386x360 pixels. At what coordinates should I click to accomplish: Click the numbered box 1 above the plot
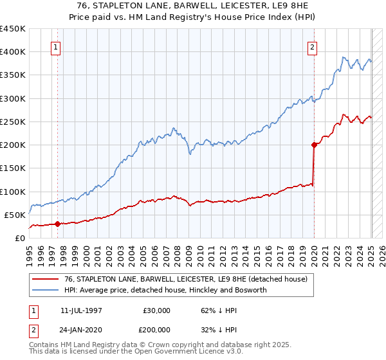tap(55, 47)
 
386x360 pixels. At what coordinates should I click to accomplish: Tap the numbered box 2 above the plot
tap(312, 47)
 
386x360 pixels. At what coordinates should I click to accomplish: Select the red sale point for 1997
tap(57, 224)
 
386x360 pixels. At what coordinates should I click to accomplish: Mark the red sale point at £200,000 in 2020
tap(315, 145)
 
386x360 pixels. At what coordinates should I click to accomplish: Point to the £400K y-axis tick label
tap(13, 52)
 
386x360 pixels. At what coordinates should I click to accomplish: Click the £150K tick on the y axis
tap(13, 168)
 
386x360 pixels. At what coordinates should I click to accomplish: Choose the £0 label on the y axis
tap(20, 238)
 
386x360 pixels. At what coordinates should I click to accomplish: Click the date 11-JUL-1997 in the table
tap(82, 310)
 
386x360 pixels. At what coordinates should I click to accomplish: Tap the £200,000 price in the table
tap(157, 330)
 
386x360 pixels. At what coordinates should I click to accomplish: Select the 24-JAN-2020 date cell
tap(82, 330)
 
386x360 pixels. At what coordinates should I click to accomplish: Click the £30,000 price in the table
tap(157, 310)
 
